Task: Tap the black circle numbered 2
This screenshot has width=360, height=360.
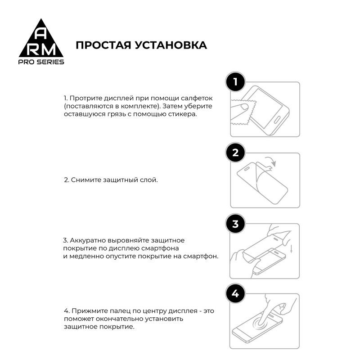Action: click(235, 153)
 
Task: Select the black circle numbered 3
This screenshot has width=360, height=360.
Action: click(235, 224)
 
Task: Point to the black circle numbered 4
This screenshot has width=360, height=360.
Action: click(235, 294)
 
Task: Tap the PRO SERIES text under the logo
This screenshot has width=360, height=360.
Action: click(41, 62)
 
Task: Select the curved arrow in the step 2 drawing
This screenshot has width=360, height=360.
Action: click(271, 161)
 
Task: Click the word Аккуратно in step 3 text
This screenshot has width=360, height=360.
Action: click(86, 240)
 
